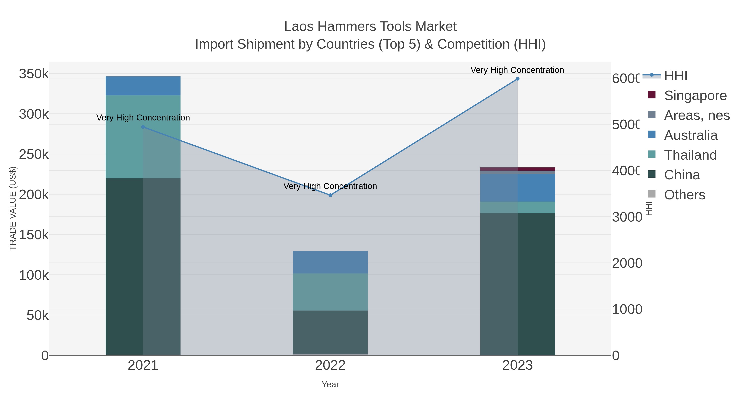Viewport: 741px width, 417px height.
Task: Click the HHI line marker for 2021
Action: (143, 127)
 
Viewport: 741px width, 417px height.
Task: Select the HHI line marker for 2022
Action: (330, 195)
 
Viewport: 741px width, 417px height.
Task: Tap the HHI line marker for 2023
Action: (517, 79)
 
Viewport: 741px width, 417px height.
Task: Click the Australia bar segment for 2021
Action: (143, 86)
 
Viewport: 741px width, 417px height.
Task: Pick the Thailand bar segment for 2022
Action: (330, 292)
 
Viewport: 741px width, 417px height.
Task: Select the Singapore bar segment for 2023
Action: (517, 169)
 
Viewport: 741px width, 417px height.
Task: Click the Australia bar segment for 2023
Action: (517, 188)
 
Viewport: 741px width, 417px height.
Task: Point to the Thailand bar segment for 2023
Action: (517, 207)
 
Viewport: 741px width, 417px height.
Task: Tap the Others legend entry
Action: (685, 195)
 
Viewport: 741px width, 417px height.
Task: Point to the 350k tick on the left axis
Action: (34, 74)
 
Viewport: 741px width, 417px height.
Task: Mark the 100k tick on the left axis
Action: (34, 275)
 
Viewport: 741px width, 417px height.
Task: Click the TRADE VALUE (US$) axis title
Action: (13, 208)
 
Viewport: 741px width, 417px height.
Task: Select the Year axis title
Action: (330, 384)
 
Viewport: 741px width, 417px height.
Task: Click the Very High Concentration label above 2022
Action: (330, 186)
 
